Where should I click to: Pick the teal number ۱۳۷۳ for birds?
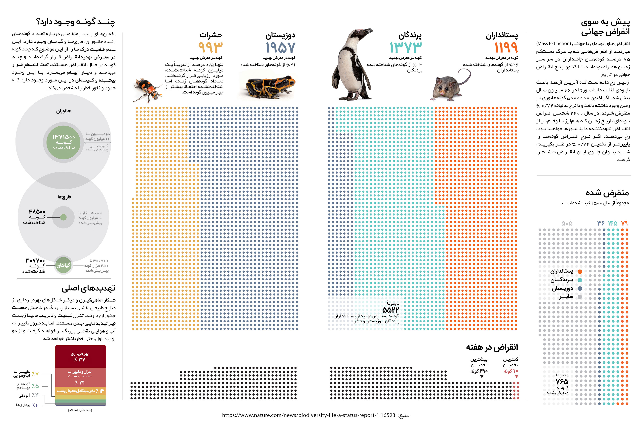[406, 47]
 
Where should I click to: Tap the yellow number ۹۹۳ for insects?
[210, 47]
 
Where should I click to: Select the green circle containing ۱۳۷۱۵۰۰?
[63, 142]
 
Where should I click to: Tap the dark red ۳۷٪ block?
[80, 356]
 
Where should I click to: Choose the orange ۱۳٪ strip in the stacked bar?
[80, 391]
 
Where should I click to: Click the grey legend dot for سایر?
[580, 297]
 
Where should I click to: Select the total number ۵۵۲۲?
[391, 310]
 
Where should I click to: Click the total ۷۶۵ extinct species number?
[562, 382]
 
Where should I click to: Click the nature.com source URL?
[308, 415]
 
